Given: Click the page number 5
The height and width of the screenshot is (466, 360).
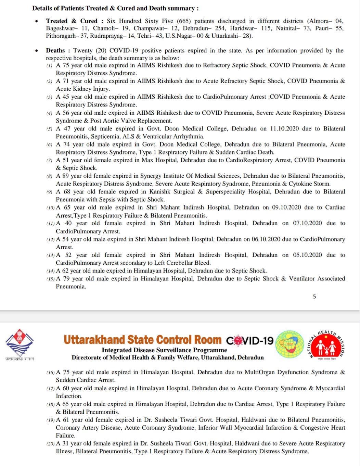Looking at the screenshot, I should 314,297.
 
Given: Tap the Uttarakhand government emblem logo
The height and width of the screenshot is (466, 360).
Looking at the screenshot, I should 20,343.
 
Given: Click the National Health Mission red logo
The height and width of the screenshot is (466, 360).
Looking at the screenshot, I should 327,345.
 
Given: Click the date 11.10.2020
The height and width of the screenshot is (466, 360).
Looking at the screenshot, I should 284,129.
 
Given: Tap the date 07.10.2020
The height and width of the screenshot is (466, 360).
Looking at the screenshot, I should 307,223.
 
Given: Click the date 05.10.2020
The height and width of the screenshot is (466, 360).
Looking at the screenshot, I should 307,255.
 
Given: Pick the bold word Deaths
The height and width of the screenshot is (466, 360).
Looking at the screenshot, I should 55,51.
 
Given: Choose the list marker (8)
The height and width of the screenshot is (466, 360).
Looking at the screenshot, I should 50,176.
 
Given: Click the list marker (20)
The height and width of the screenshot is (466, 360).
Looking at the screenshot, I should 51,444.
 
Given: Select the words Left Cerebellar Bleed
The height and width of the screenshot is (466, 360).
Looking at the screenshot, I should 182,263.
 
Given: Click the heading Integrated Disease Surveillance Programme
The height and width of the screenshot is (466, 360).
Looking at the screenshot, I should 164,350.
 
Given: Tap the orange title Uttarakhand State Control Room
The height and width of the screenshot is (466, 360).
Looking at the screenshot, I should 143,340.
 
